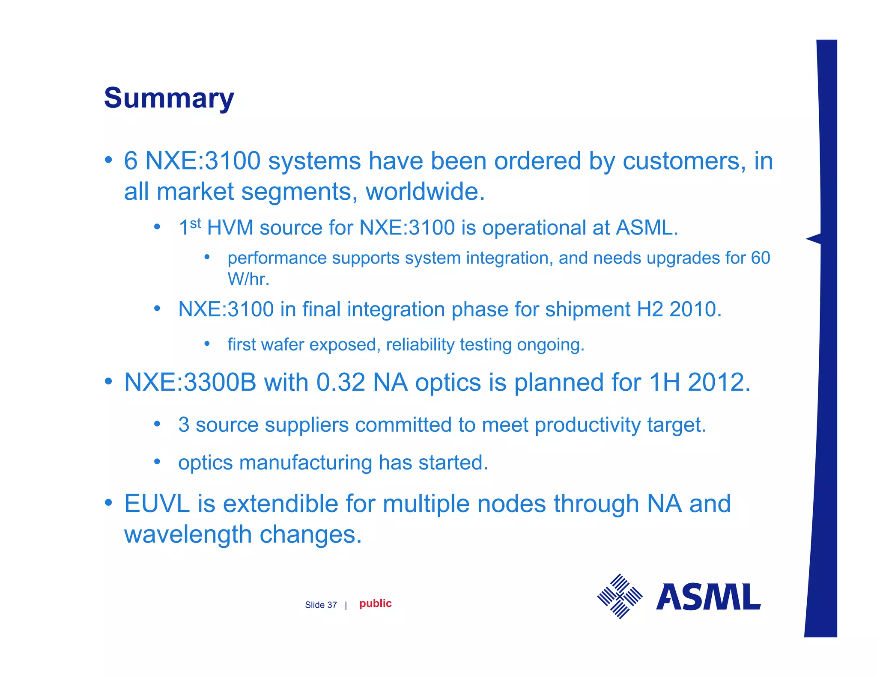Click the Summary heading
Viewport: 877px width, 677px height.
(x=169, y=98)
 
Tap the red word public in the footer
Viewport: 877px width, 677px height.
(x=375, y=603)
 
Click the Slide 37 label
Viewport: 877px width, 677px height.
(x=321, y=605)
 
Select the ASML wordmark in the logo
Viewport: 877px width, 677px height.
(x=708, y=597)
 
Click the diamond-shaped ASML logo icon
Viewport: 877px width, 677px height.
(x=620, y=596)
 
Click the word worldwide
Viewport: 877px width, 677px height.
(x=425, y=192)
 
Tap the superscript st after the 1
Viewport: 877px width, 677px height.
(x=195, y=223)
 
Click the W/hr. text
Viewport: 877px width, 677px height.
(x=248, y=279)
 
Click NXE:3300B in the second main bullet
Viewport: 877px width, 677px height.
(x=190, y=382)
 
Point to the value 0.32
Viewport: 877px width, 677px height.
(x=340, y=382)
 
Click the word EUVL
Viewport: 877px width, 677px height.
(x=157, y=504)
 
